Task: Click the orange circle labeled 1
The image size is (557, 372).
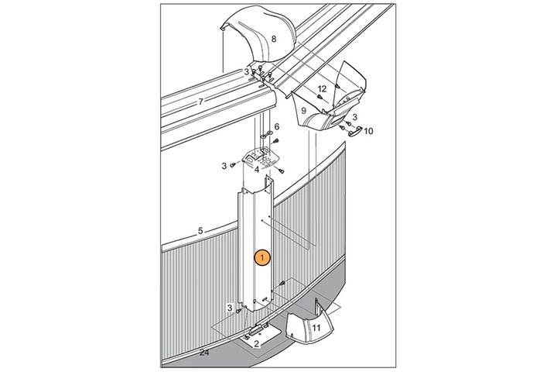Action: [x=262, y=258]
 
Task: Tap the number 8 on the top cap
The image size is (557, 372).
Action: [x=274, y=40]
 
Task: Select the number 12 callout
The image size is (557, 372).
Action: [x=322, y=88]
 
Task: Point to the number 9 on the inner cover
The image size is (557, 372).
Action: [x=303, y=111]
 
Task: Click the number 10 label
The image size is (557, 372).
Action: [x=368, y=131]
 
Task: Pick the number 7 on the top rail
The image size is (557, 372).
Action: [x=200, y=102]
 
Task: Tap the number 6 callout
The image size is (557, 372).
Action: [x=277, y=126]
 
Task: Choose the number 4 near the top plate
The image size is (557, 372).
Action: [x=257, y=170]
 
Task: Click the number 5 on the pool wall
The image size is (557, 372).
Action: [x=200, y=231]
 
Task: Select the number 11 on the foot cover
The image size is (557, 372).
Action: [x=316, y=328]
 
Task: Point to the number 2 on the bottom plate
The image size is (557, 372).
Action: [x=256, y=344]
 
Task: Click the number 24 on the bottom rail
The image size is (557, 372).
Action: [x=204, y=353]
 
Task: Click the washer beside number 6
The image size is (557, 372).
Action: [x=266, y=135]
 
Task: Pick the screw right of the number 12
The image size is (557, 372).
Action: [x=337, y=86]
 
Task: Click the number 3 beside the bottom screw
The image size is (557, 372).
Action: [x=230, y=308]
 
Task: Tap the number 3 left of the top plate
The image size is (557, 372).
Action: [x=224, y=166]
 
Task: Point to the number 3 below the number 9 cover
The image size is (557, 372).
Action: [x=354, y=117]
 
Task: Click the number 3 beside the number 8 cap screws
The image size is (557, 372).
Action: [x=246, y=72]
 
